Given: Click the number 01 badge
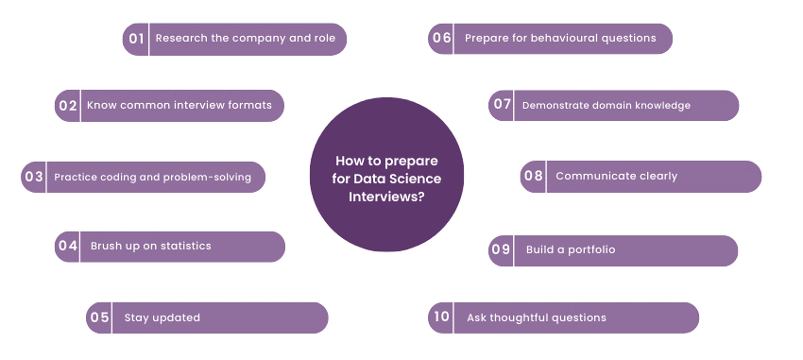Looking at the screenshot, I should click(136, 39).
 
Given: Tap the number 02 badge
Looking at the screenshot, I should click(68, 106).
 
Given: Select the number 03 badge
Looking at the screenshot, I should click(34, 177).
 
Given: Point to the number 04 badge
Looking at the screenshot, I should click(68, 247).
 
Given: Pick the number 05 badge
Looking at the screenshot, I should click(100, 317).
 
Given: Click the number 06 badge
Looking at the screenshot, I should click(441, 39).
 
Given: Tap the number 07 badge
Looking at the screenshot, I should click(502, 105).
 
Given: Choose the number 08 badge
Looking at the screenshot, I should click(534, 176).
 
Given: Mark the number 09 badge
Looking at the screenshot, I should click(501, 249).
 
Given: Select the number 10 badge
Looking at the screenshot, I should click(440, 317).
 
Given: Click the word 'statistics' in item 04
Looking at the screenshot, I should click(185, 247).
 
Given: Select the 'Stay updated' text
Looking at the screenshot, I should click(162, 317).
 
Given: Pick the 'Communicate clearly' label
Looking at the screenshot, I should click(616, 176).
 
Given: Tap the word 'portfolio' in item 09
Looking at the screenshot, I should click(591, 249).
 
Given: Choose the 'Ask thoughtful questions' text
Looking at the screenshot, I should click(536, 317).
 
